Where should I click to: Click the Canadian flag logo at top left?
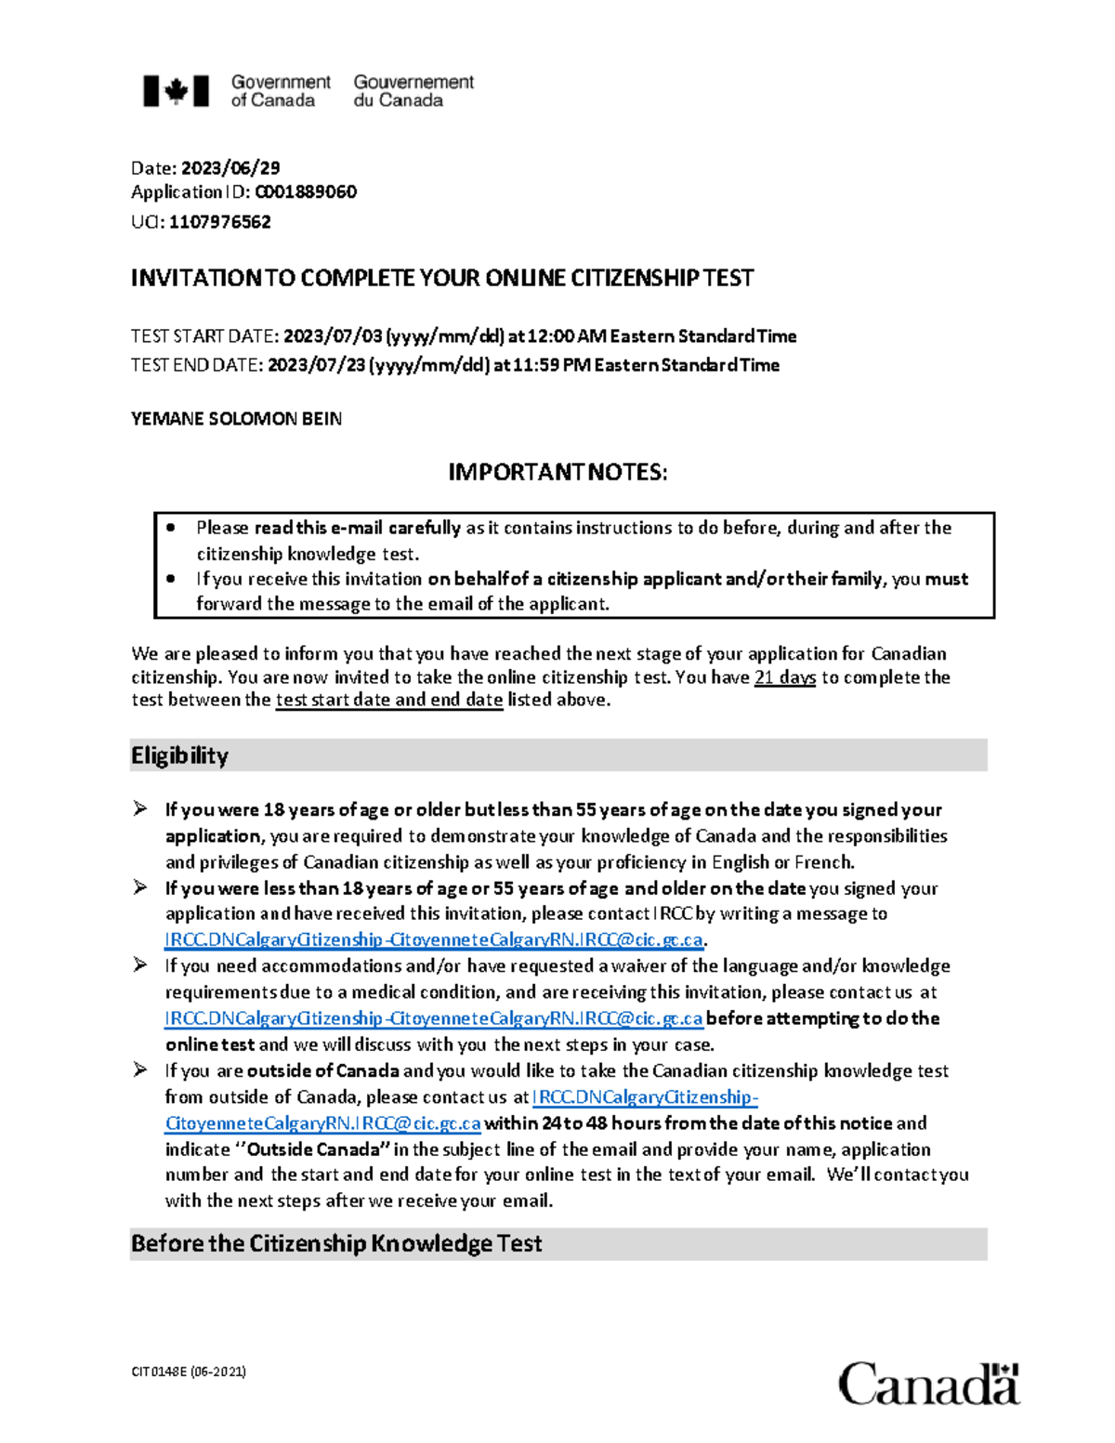coord(176,91)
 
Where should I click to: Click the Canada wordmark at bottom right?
coord(928,1384)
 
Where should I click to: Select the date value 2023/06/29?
coord(230,168)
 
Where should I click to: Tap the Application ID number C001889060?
coord(306,192)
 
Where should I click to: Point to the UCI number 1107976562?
coord(220,222)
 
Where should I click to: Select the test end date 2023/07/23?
coord(317,365)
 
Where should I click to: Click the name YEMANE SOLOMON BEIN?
coord(236,419)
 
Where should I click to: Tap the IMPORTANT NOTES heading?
coord(557,473)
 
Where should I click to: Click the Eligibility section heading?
coord(179,755)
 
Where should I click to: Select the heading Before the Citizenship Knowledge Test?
coord(336,1244)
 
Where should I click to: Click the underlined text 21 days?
coord(785,677)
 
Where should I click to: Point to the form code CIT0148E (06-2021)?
coord(189,1371)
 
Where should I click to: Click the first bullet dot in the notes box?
coord(171,528)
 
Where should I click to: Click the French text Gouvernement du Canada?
coord(413,91)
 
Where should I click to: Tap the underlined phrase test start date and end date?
coord(389,701)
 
